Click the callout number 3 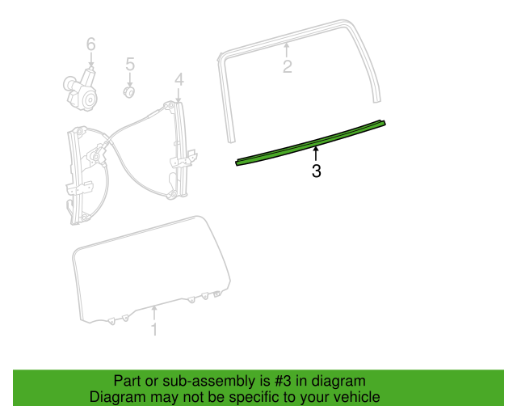tap(316, 171)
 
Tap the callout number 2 tap(288, 66)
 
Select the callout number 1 tap(154, 329)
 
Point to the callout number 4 tap(179, 79)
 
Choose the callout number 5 tap(130, 64)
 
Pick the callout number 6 tap(91, 44)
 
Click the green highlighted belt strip tap(310, 143)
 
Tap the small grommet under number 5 tap(129, 92)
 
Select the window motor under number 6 tap(80, 89)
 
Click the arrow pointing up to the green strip tap(316, 154)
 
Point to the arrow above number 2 tap(287, 50)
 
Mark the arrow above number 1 tap(154, 313)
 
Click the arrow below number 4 tap(179, 95)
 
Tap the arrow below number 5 tap(130, 80)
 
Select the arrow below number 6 tap(91, 59)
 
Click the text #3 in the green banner tap(283, 381)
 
